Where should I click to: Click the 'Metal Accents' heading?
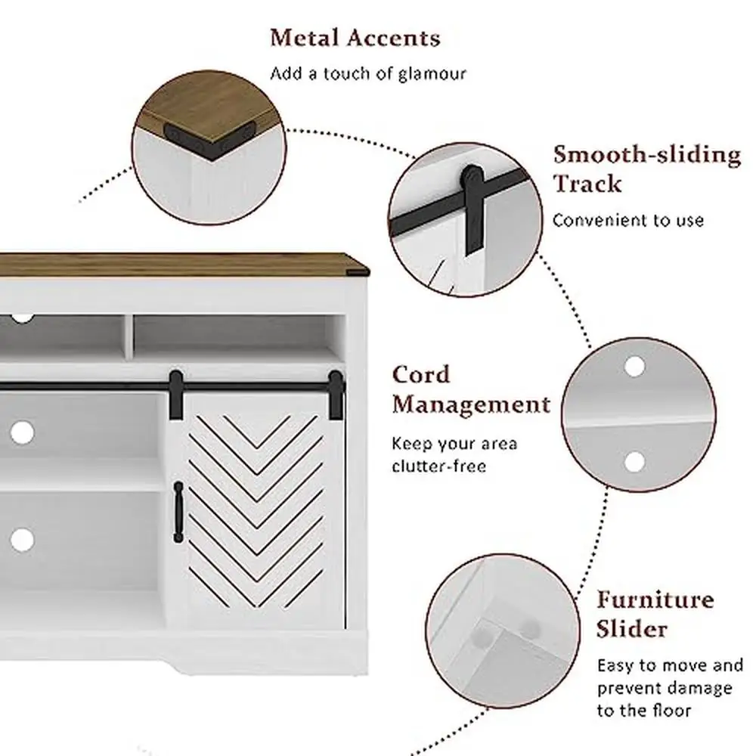click(355, 37)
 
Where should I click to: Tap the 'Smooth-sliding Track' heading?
click(646, 169)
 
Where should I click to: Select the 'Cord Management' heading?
click(470, 390)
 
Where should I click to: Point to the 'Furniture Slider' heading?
click(655, 614)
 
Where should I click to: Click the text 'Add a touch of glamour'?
click(368, 73)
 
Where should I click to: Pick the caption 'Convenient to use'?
click(627, 221)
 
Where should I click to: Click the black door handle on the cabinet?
click(178, 512)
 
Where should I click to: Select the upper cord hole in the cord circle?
click(634, 367)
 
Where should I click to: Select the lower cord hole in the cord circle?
click(634, 460)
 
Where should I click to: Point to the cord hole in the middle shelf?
click(23, 432)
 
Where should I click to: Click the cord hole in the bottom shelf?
click(23, 539)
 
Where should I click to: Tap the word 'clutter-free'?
click(438, 465)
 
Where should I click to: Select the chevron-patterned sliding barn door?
click(256, 514)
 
